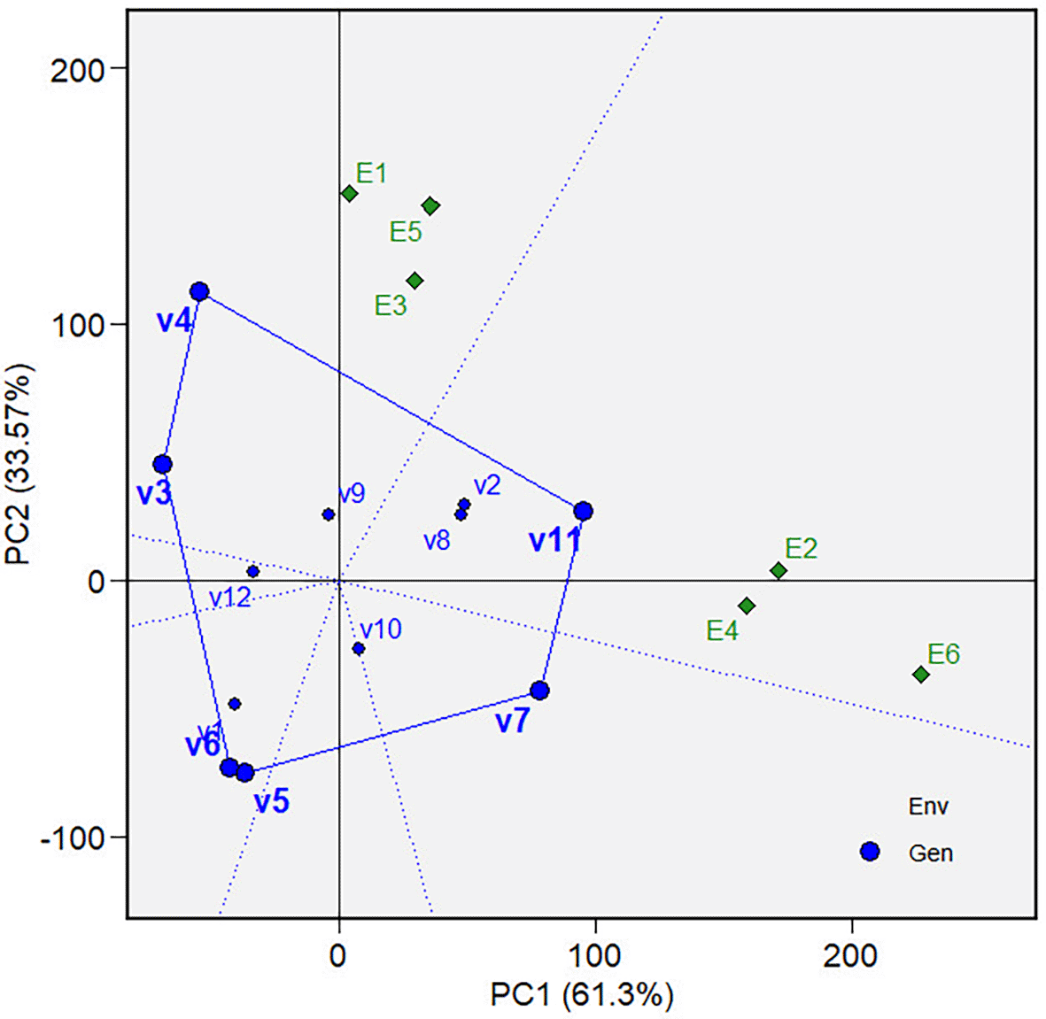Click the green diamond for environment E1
click(x=349, y=194)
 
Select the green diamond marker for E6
click(x=921, y=675)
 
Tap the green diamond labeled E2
click(x=779, y=571)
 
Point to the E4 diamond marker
click(x=747, y=606)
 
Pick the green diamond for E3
click(x=415, y=282)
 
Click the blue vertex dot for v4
click(x=199, y=292)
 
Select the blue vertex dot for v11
click(x=583, y=511)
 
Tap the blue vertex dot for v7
click(x=539, y=691)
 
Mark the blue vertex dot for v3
click(x=162, y=465)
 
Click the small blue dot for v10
click(x=359, y=649)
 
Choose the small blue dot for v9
click(x=329, y=514)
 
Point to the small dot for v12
click(x=253, y=572)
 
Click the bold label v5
click(x=272, y=802)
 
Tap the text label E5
click(x=406, y=232)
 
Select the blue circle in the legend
click(x=870, y=852)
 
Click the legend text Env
click(x=928, y=807)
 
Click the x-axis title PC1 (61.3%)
click(x=582, y=995)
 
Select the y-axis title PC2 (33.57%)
click(x=19, y=465)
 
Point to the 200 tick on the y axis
click(x=78, y=69)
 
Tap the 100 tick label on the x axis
click(x=595, y=956)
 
